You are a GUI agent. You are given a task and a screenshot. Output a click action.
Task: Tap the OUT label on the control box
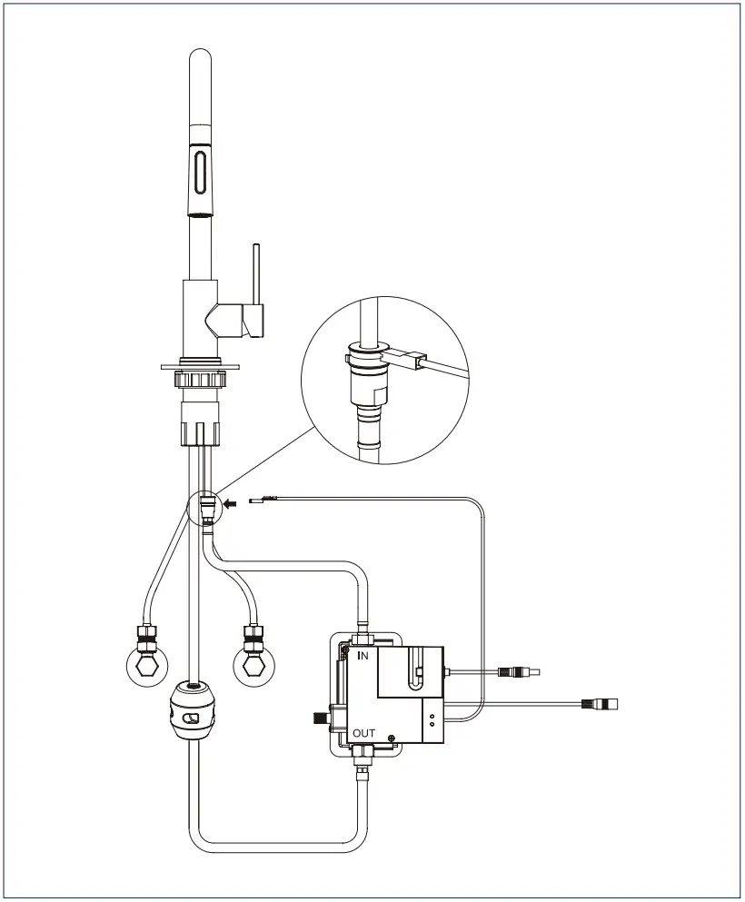pos(363,733)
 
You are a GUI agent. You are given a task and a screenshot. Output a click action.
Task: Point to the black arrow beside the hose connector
pos(233,500)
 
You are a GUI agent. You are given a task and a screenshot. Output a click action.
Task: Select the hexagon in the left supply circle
pos(144,670)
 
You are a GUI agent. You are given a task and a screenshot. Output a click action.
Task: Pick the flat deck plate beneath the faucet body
pos(200,365)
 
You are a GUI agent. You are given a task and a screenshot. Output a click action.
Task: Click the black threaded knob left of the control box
pos(319,719)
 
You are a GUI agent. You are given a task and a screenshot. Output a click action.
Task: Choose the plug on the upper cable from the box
pos(517,673)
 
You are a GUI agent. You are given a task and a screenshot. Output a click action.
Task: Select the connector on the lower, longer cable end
pos(601,703)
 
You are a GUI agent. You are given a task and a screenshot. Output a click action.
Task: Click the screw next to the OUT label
pos(392,737)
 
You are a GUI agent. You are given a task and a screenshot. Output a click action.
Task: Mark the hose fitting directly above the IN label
pos(361,626)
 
